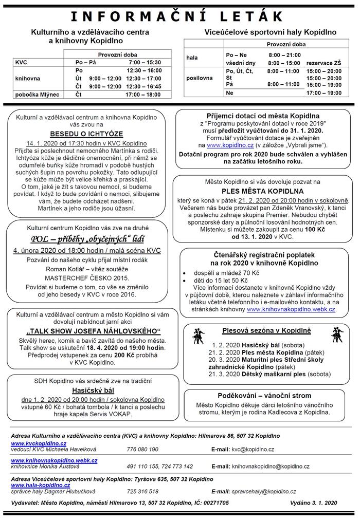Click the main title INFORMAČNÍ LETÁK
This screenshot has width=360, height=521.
point(180,17)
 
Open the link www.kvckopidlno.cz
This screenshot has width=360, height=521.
point(39,443)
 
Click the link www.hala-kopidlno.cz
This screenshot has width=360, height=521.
point(41,485)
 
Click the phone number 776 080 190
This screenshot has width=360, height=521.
point(142,450)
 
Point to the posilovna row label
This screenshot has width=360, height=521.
point(200,78)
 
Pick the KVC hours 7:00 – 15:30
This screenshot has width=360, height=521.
point(145,62)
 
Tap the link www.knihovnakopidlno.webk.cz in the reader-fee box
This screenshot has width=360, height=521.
point(291,310)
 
